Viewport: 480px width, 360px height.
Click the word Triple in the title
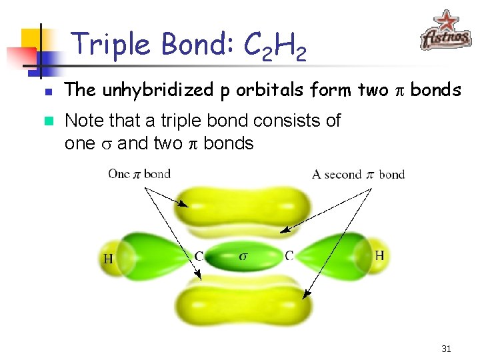tap(112, 44)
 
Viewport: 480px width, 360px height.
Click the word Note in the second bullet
tap(83, 121)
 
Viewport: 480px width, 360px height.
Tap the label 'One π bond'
tap(139, 174)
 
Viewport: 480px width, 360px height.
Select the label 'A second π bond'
tap(358, 175)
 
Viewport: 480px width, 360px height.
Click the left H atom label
tap(107, 258)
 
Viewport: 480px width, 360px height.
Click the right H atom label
tap(379, 255)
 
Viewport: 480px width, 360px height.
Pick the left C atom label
tap(199, 255)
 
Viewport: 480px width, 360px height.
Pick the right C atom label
tap(289, 255)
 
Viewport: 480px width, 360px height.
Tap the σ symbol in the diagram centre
tap(243, 255)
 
